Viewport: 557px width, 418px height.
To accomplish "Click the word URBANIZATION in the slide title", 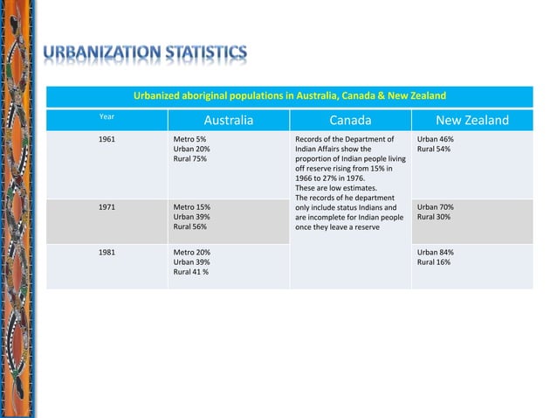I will coord(98,54).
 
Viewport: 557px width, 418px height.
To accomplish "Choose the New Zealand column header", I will coord(471,121).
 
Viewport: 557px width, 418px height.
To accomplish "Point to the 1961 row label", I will coord(107,139).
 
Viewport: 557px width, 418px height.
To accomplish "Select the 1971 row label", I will coord(107,207).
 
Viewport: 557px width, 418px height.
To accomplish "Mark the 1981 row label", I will coord(107,252).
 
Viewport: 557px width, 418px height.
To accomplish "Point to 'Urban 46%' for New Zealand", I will coord(435,139).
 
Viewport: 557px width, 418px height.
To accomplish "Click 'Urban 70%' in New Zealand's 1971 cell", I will coord(435,207).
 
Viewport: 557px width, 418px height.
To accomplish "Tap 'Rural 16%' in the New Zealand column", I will coord(434,261).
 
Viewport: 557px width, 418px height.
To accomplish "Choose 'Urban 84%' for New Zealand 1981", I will coord(435,252).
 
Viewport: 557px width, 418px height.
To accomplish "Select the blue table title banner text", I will coord(289,95).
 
